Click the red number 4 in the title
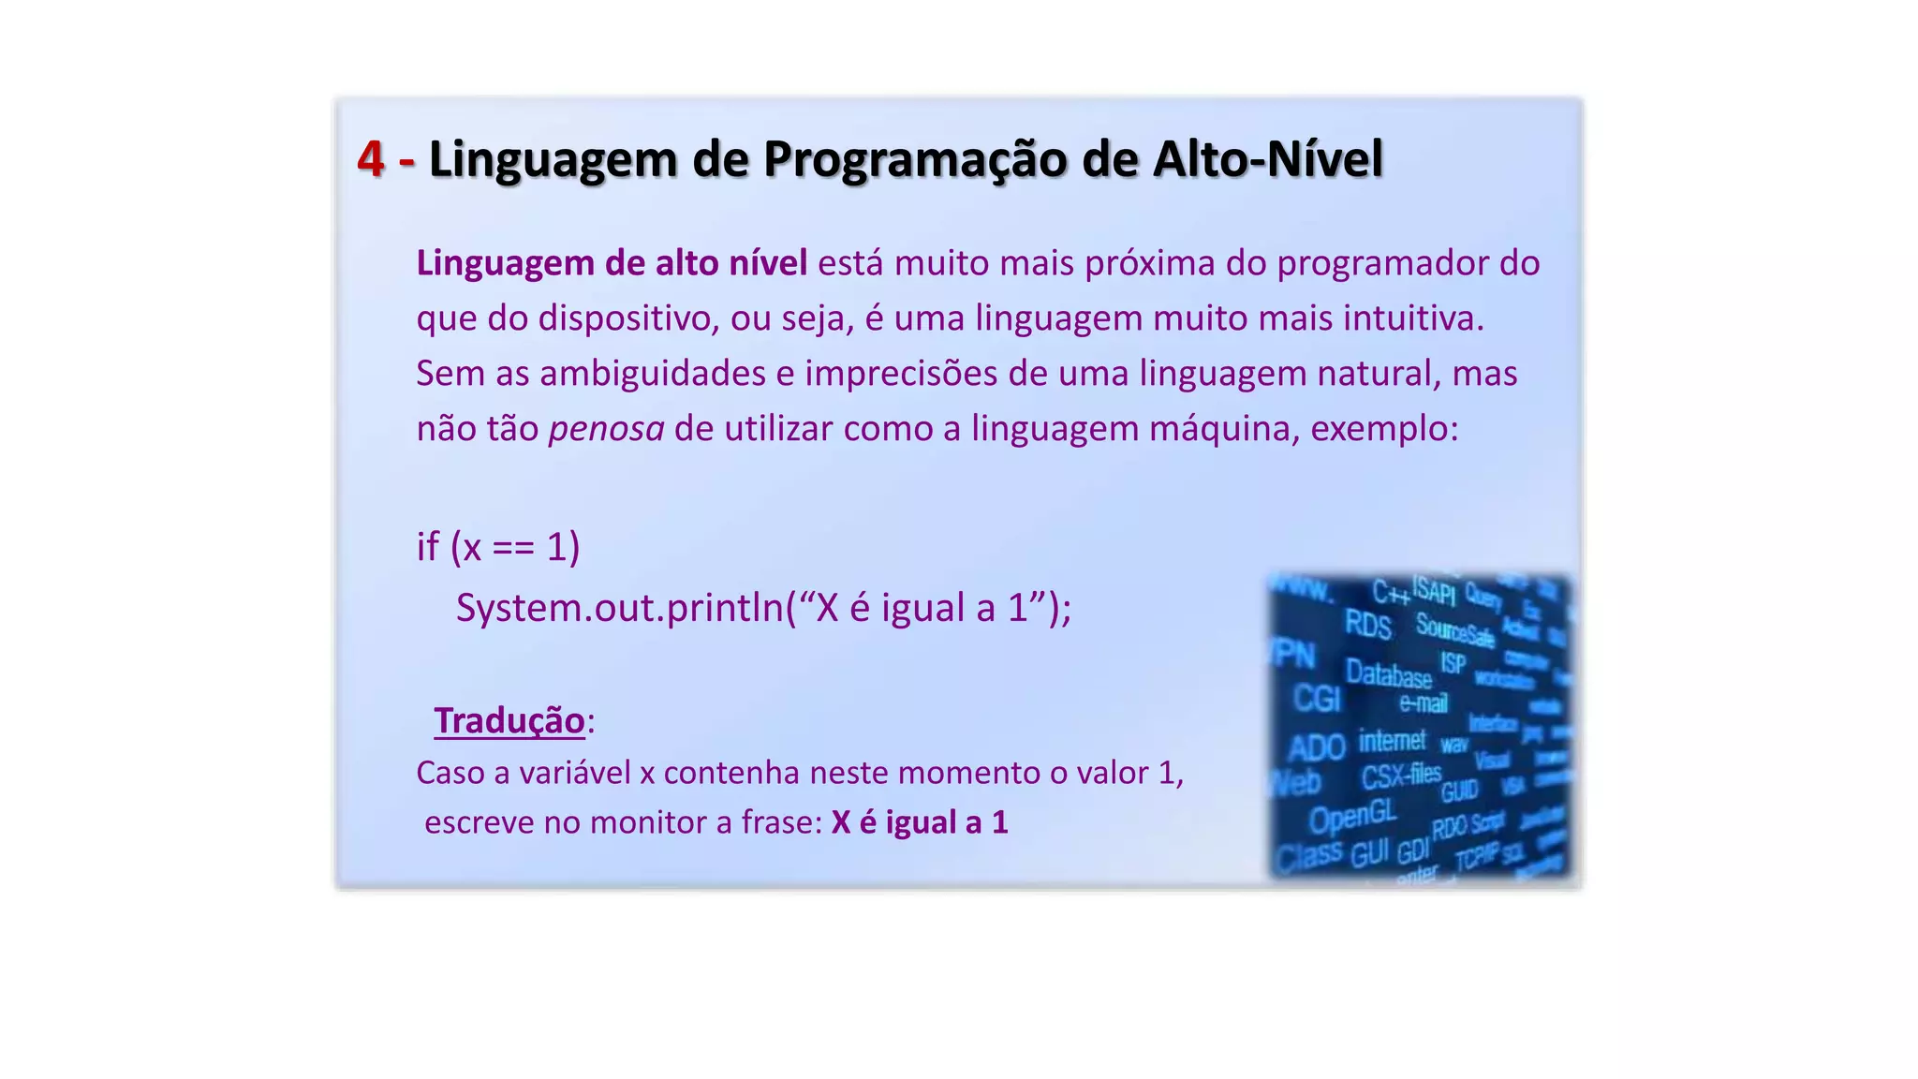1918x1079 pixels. coord(371,159)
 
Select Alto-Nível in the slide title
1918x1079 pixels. coord(1267,159)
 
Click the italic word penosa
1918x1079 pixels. coord(606,429)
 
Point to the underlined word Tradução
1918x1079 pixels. coord(509,720)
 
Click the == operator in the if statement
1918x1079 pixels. coord(513,547)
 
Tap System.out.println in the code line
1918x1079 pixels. coord(619,608)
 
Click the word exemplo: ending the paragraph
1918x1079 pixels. coord(1384,429)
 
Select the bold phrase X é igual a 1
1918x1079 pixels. coord(919,822)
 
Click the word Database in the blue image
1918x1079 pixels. coord(1388,673)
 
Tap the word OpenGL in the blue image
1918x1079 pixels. coord(1352,817)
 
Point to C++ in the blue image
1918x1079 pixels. coord(1391,592)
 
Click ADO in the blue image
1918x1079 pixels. coord(1316,748)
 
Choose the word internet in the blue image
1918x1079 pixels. coord(1392,741)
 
